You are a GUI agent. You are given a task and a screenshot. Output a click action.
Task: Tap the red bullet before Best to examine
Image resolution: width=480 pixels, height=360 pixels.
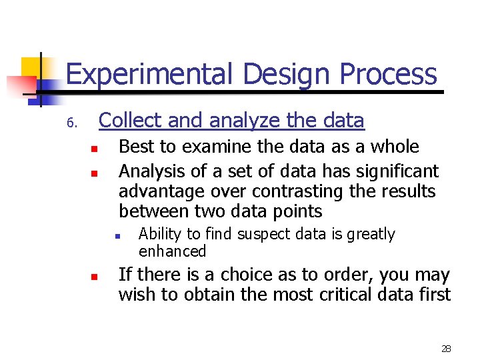95,149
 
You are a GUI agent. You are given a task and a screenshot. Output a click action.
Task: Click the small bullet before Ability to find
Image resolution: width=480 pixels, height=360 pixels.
116,236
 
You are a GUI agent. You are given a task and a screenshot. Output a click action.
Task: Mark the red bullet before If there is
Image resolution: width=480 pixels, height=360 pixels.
95,277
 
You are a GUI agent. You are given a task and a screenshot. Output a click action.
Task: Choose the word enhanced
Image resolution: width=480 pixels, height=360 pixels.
173,251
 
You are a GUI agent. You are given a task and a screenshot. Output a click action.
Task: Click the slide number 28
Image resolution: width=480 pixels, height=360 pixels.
446,349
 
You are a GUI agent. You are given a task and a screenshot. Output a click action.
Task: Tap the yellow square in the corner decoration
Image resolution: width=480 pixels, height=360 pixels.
32,68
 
